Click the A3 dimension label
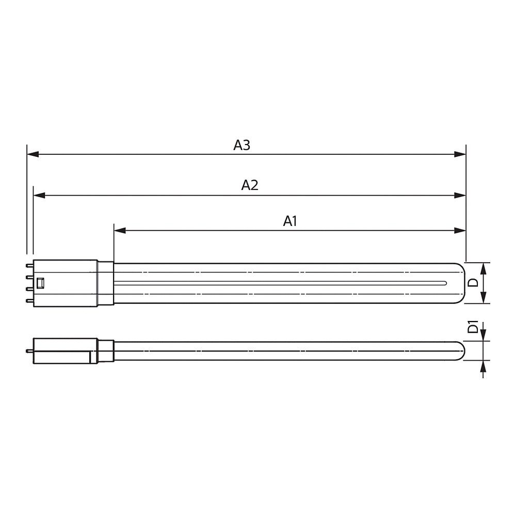pyautogui.click(x=242, y=145)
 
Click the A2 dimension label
pyautogui.click(x=250, y=185)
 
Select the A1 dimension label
pyautogui.click(x=290, y=221)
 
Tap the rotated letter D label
pyautogui.click(x=473, y=282)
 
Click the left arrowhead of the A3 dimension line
pyautogui.click(x=33, y=154)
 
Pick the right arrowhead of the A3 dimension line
pyautogui.click(x=460, y=154)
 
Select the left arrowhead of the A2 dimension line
pyautogui.click(x=39, y=196)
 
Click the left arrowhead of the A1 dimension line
pyautogui.click(x=120, y=230)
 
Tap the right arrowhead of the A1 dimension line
pyautogui.click(x=460, y=230)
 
